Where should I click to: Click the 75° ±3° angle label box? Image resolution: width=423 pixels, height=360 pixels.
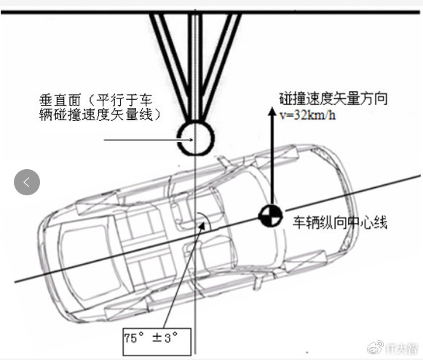[157, 341]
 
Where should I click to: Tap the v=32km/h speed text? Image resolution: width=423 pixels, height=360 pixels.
[308, 115]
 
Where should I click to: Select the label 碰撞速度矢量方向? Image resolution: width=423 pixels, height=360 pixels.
[333, 98]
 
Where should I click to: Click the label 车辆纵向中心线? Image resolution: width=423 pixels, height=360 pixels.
[340, 222]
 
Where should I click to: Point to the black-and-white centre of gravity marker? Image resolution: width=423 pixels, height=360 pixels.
[271, 216]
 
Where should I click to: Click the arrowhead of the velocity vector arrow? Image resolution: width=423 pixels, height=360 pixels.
[272, 111]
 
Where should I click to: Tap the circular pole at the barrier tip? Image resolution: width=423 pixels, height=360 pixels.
[196, 138]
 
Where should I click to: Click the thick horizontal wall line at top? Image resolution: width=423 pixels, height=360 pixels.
[210, 12]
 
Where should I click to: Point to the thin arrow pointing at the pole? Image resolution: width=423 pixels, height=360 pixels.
[149, 140]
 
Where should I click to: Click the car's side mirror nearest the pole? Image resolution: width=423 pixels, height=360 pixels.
[224, 161]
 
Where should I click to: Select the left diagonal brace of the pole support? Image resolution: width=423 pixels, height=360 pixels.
[170, 66]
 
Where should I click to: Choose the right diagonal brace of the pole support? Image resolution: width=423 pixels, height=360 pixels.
[220, 66]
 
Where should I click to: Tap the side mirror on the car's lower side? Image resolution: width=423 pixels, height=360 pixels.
[258, 282]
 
